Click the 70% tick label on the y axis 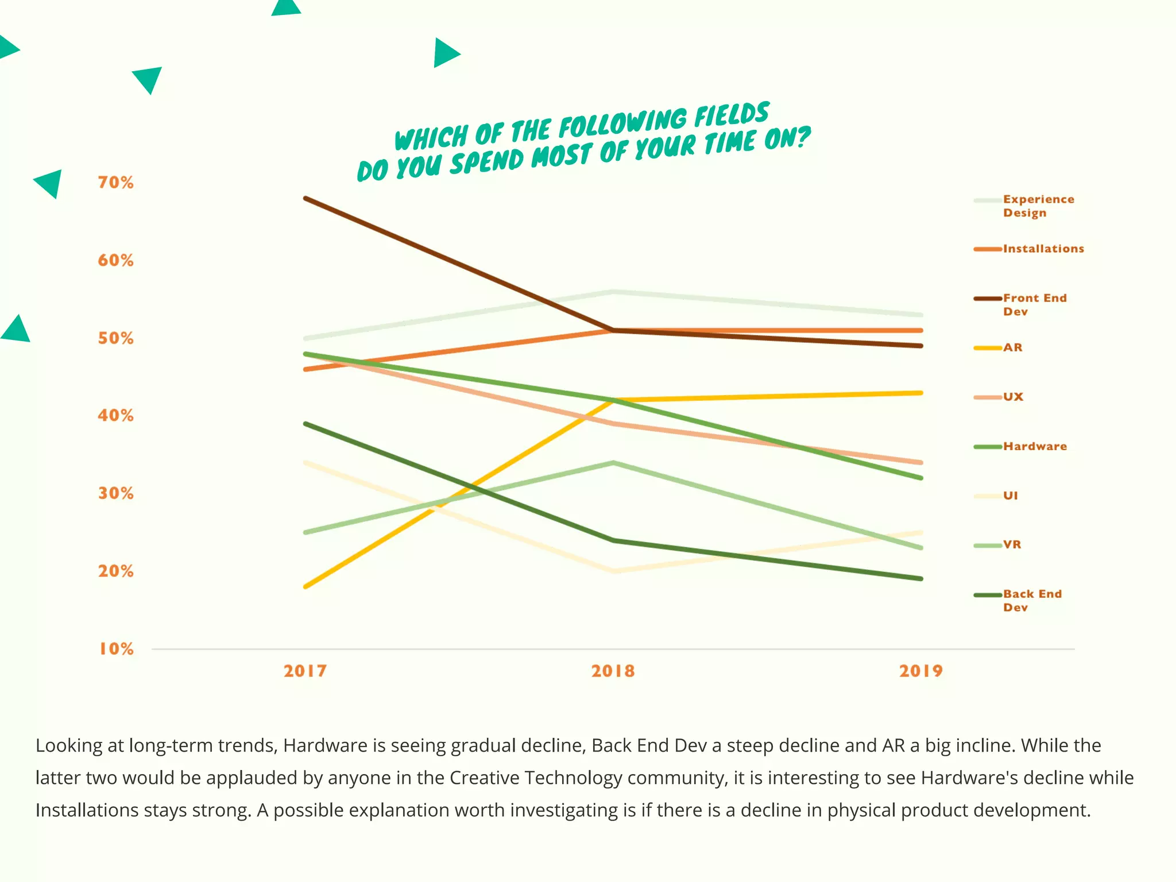(115, 183)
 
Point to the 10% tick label (116, 649)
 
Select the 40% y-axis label (115, 415)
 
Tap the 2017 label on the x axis (305, 671)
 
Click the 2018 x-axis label (613, 671)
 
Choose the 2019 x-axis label (920, 671)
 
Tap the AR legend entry (1012, 347)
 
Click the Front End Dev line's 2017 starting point (305, 198)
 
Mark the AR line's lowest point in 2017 (305, 586)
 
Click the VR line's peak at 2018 (613, 462)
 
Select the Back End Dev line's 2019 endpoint (920, 578)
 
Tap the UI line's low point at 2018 (613, 571)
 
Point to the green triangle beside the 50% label (17, 330)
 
